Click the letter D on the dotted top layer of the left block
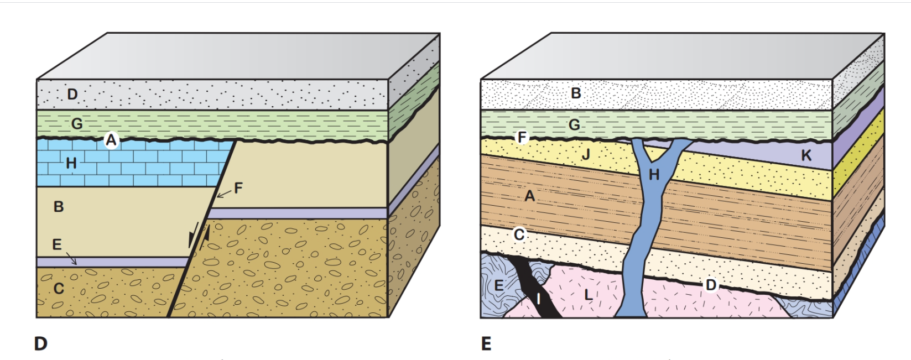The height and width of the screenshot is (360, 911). pyautogui.click(x=72, y=94)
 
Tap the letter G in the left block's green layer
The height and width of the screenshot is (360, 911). pyautogui.click(x=77, y=123)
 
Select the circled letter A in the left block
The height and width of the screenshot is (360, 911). pyautogui.click(x=111, y=140)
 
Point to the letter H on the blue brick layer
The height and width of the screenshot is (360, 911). pyautogui.click(x=71, y=163)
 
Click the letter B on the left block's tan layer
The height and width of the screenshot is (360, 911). pyautogui.click(x=59, y=207)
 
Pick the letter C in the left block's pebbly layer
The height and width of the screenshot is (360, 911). pyautogui.click(x=59, y=289)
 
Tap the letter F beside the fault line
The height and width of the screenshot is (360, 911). pyautogui.click(x=238, y=187)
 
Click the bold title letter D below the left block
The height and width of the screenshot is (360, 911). pyautogui.click(x=41, y=344)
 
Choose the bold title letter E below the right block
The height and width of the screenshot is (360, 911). pyautogui.click(x=486, y=344)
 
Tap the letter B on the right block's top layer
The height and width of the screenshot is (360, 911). pyautogui.click(x=576, y=93)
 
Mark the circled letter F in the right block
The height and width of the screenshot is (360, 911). pyautogui.click(x=522, y=138)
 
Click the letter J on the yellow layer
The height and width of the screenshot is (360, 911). pyautogui.click(x=586, y=155)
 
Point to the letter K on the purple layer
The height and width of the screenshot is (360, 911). pyautogui.click(x=806, y=155)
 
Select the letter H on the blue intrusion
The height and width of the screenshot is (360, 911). pyautogui.click(x=654, y=175)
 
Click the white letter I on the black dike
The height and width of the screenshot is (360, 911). pyautogui.click(x=538, y=300)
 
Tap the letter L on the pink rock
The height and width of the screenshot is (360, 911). pyautogui.click(x=588, y=294)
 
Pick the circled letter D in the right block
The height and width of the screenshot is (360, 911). pyautogui.click(x=711, y=285)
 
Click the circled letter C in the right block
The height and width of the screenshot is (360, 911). pyautogui.click(x=519, y=234)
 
